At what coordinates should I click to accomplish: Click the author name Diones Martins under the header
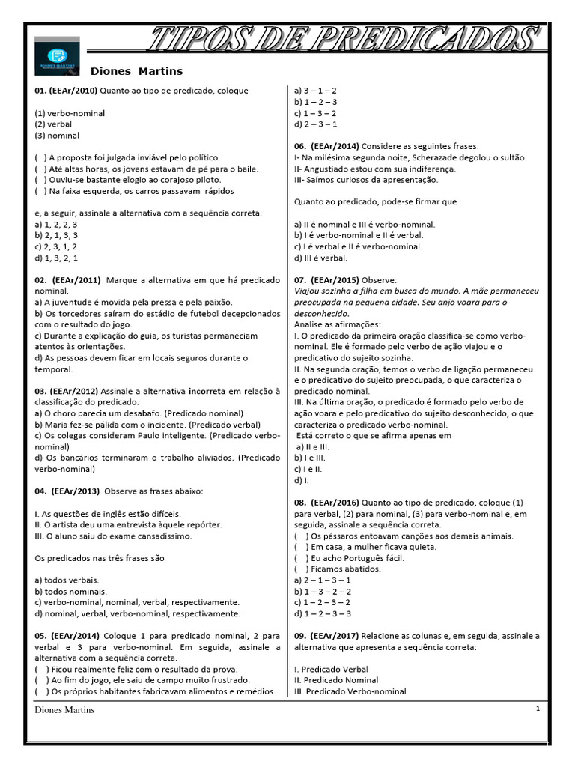136,71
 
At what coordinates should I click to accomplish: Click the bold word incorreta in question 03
207,391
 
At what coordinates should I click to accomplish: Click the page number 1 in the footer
538,709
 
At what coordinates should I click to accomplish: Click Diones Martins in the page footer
64,710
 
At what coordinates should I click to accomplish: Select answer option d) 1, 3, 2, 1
55,258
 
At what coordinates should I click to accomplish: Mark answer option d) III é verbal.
320,258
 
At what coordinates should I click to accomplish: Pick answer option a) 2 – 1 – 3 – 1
323,580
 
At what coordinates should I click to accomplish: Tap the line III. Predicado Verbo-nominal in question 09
350,691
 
